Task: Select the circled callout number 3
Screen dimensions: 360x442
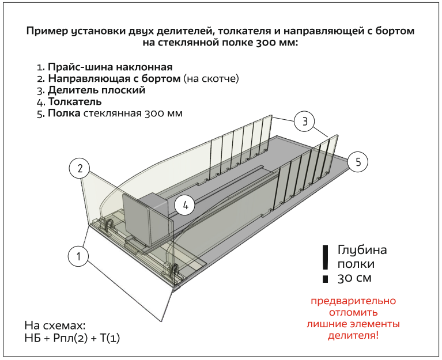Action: pos(304,121)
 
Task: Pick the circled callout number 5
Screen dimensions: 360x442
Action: pos(358,162)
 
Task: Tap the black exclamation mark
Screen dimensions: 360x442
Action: pos(325,263)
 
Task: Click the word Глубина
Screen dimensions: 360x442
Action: pos(362,251)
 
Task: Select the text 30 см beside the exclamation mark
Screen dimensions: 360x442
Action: pos(355,278)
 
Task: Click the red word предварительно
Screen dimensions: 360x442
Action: pos(353,301)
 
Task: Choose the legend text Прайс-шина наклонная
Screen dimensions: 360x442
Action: pos(110,67)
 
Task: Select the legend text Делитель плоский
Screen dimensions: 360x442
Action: pos(96,90)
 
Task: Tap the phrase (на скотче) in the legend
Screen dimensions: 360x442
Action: pos(211,79)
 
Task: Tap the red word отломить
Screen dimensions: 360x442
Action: pos(353,313)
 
